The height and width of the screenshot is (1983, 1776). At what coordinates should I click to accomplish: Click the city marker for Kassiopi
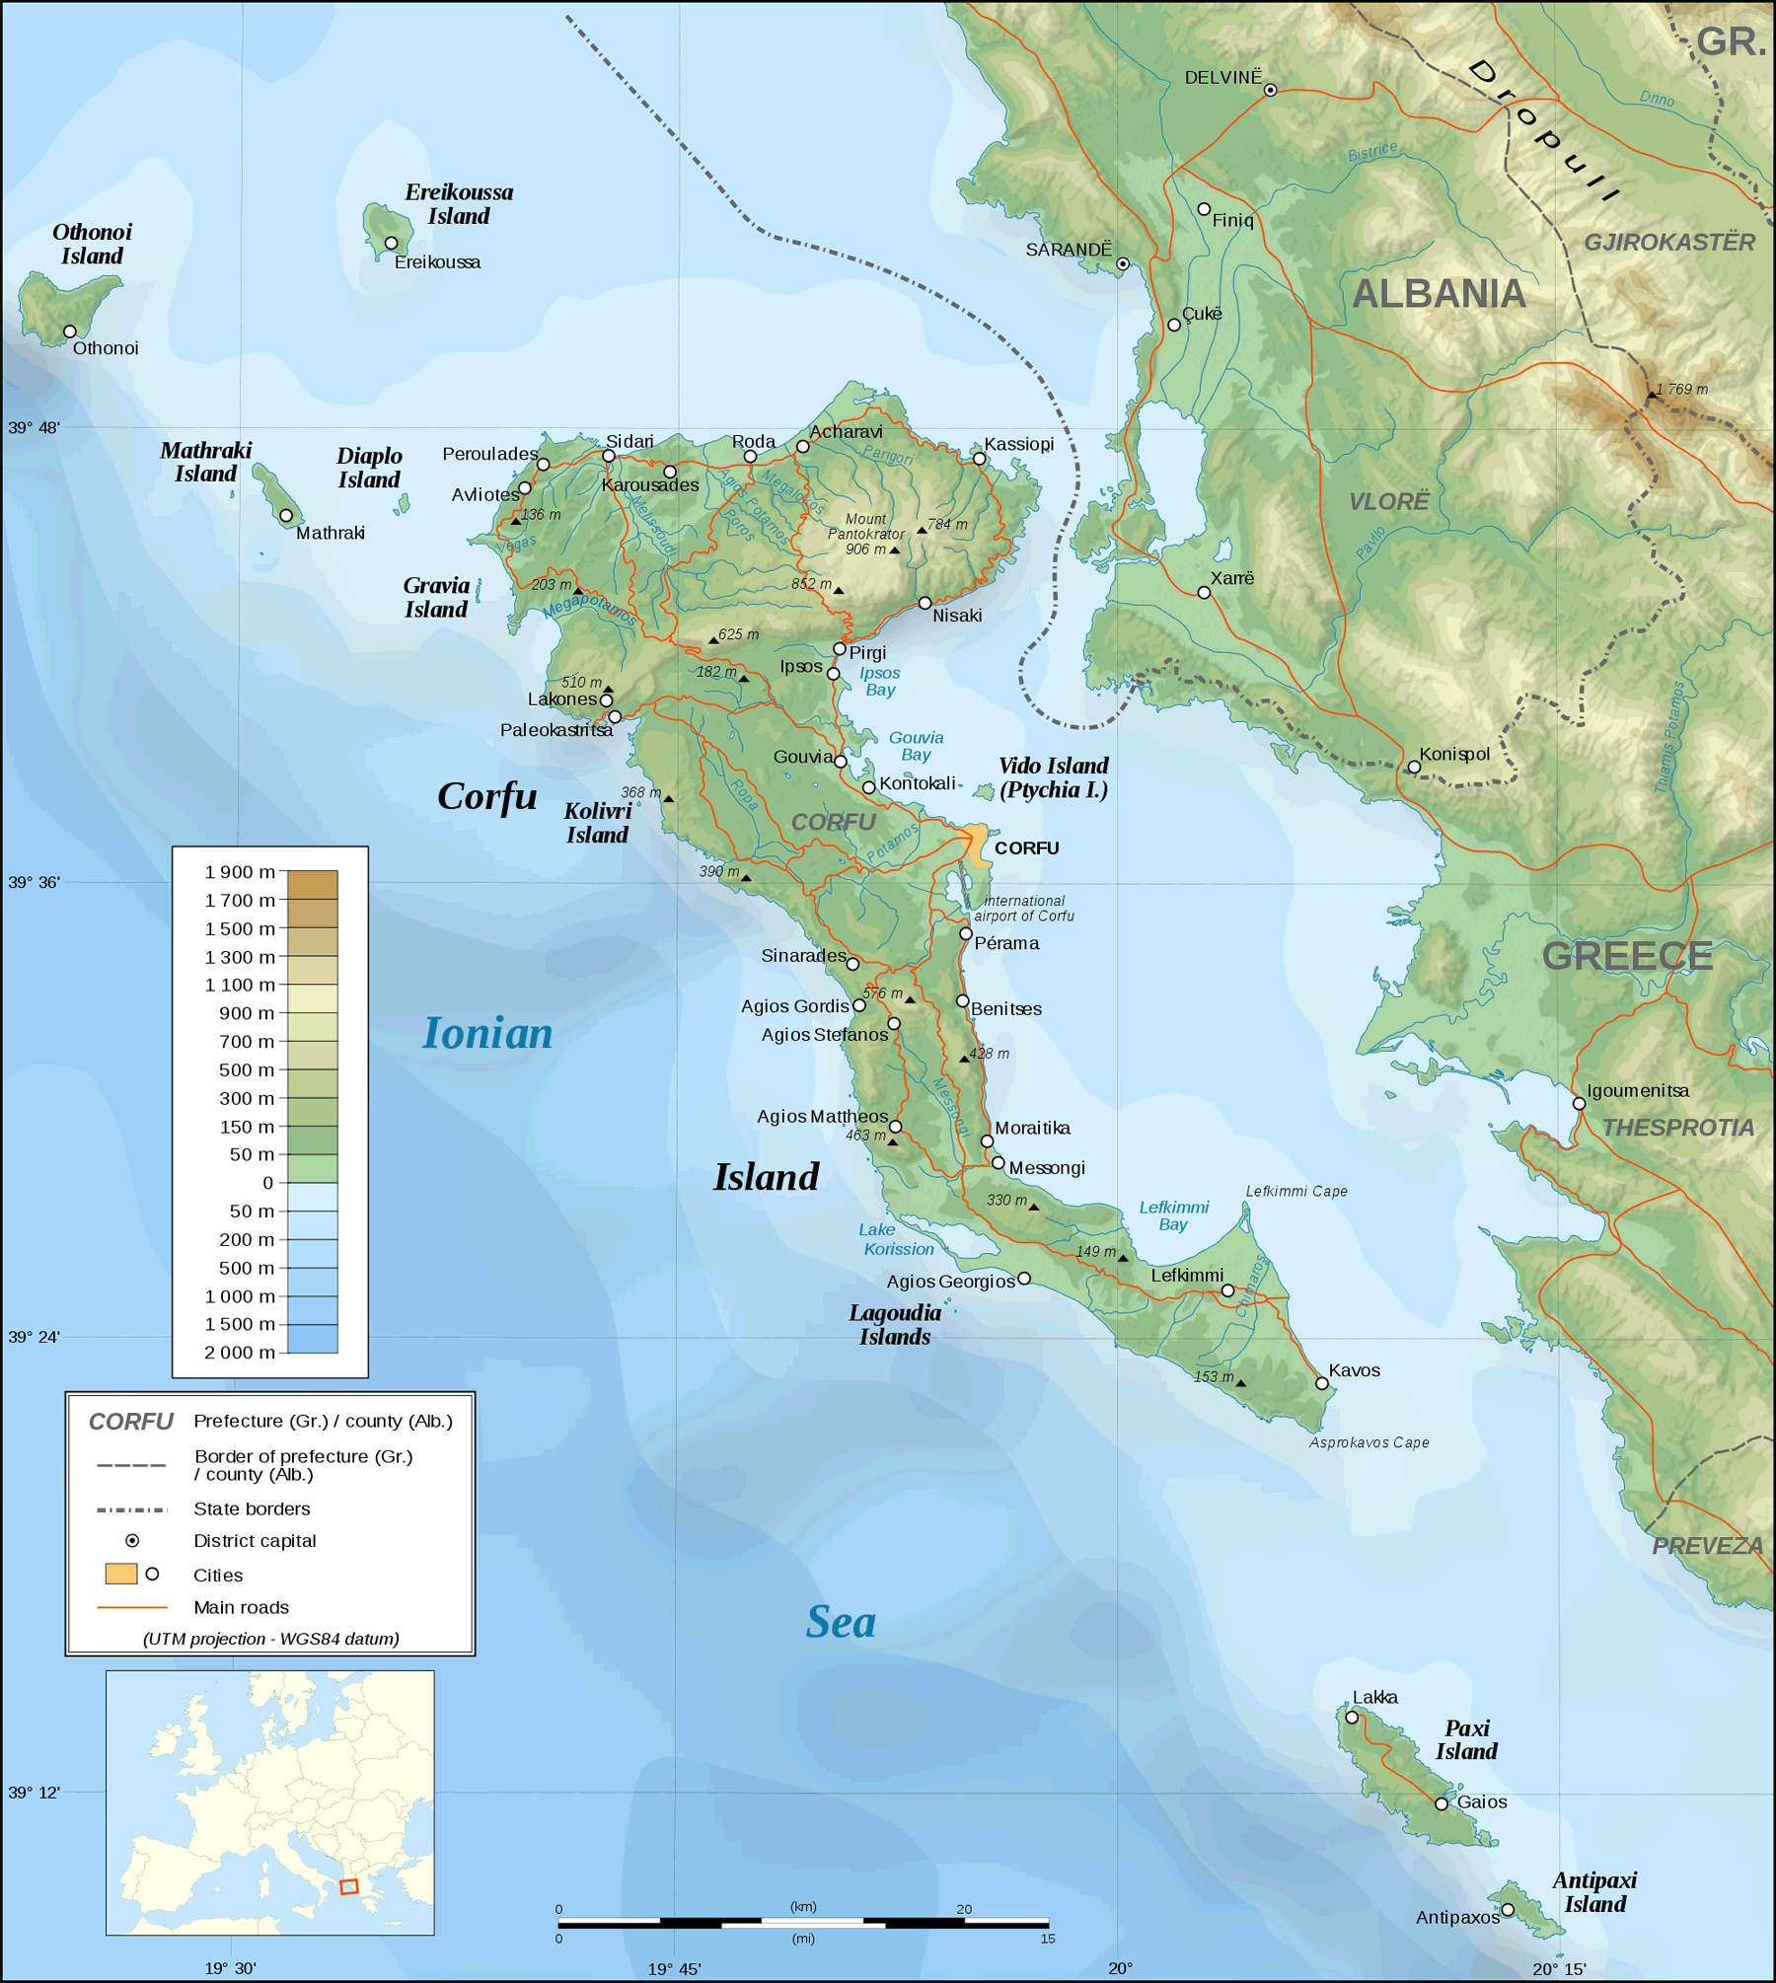click(x=979, y=459)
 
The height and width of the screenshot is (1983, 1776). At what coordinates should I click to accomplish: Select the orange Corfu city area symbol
click(x=977, y=846)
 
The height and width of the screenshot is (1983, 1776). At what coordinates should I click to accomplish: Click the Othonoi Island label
click(x=92, y=244)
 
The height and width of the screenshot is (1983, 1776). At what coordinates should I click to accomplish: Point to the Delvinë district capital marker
click(x=1271, y=90)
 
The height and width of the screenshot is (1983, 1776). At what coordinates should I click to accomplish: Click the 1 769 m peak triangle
click(x=1652, y=396)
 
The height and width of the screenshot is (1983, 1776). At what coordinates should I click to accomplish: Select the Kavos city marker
click(x=1322, y=1383)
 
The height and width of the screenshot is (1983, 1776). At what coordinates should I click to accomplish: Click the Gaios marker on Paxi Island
click(x=1442, y=1803)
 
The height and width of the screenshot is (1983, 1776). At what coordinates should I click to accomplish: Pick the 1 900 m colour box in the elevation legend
click(x=312, y=884)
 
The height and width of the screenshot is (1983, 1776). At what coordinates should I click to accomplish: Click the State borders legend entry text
click(x=252, y=1508)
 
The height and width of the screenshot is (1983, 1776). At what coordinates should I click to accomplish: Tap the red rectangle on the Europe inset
click(x=348, y=1886)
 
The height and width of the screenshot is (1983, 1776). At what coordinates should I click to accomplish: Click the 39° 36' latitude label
click(x=34, y=882)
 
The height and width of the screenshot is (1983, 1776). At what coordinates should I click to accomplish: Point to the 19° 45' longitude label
click(x=674, y=1969)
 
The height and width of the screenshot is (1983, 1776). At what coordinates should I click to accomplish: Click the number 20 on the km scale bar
click(x=964, y=1909)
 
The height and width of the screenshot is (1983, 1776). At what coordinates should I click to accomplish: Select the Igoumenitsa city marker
click(x=1579, y=1103)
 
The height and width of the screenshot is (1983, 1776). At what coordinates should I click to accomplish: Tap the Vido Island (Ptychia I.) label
click(x=1053, y=777)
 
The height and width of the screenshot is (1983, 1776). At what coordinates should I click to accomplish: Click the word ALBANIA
click(x=1439, y=294)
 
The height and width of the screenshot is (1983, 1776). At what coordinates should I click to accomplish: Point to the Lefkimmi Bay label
click(x=1173, y=1215)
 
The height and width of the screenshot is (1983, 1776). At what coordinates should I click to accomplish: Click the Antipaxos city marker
click(x=1508, y=1910)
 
